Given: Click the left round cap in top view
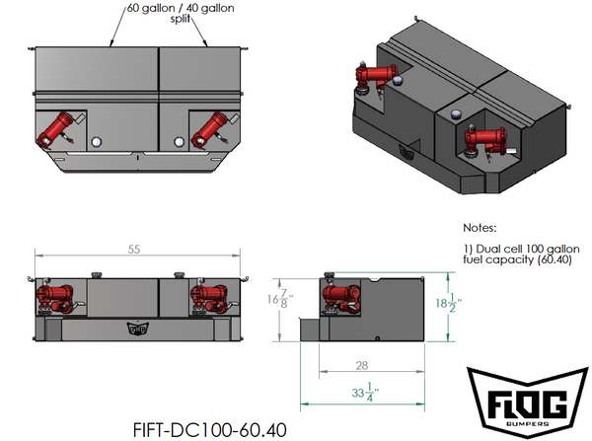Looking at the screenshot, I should [96, 143].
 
